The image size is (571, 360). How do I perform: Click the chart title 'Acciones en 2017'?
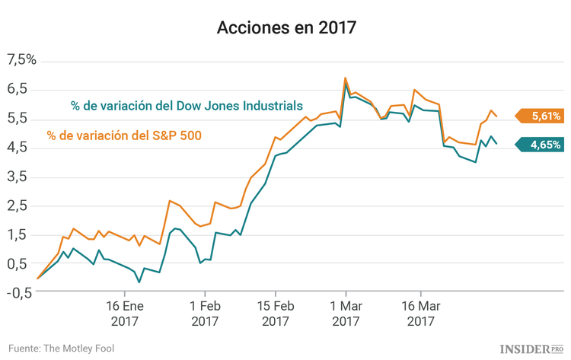click(x=285, y=28)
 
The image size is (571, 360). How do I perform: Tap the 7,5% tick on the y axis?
click(x=21, y=60)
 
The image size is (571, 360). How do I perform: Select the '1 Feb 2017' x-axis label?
click(x=204, y=314)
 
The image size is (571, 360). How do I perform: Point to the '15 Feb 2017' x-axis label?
click(x=275, y=314)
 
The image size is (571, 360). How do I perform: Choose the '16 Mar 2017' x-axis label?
click(x=420, y=314)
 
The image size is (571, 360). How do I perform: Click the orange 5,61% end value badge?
click(x=541, y=116)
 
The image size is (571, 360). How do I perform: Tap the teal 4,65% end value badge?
click(x=541, y=145)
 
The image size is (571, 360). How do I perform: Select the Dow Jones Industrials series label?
click(x=187, y=105)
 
